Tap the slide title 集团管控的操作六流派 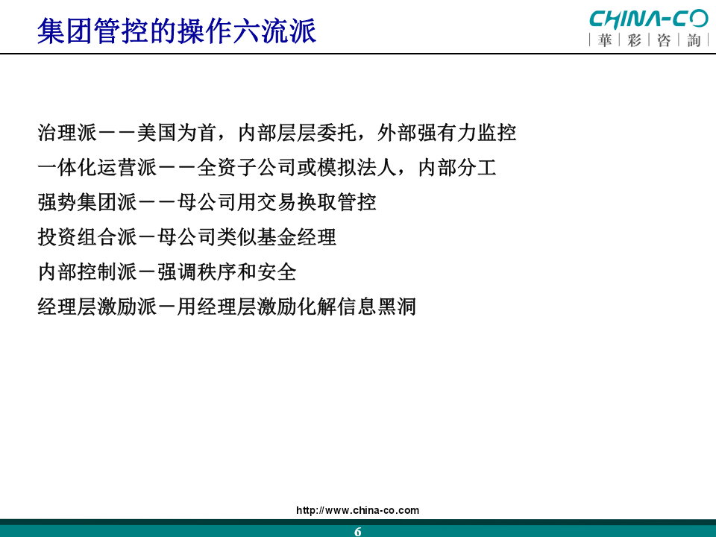point(177,31)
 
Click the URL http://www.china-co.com point(357,510)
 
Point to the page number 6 point(357,531)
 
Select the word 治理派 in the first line point(67,133)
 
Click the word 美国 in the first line point(157,133)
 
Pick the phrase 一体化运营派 point(97,168)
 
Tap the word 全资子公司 point(247,168)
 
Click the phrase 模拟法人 point(357,168)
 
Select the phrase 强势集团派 point(87,202)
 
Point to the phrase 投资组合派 point(87,237)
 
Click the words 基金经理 point(296,237)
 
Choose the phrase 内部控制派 point(87,272)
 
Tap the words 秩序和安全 point(247,272)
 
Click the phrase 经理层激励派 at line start point(97,307)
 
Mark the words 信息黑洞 point(376,307)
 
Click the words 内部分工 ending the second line point(457,168)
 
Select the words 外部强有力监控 point(447,133)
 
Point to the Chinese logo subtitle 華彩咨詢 point(649,40)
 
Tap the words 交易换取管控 point(316,202)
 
